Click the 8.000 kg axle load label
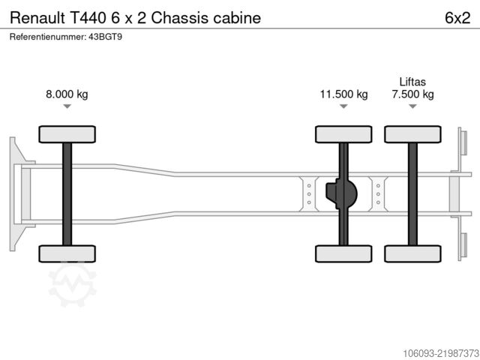(x=67, y=94)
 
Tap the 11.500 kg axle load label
(x=343, y=94)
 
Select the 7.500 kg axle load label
(x=412, y=94)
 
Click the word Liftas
(x=412, y=82)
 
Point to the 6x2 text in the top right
(x=457, y=18)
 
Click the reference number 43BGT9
(x=105, y=37)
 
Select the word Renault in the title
(x=37, y=18)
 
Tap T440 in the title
(x=88, y=18)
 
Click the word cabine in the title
(x=237, y=18)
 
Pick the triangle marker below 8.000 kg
(x=67, y=106)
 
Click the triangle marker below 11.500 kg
(x=343, y=106)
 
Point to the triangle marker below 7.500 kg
(x=412, y=106)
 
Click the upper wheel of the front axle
(x=67, y=134)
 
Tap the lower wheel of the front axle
(x=67, y=253)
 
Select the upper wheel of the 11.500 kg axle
(x=343, y=134)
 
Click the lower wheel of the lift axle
(x=412, y=253)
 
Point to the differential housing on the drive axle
(x=341, y=193)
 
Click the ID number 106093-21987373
(x=441, y=353)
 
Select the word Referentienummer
(x=48, y=37)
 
